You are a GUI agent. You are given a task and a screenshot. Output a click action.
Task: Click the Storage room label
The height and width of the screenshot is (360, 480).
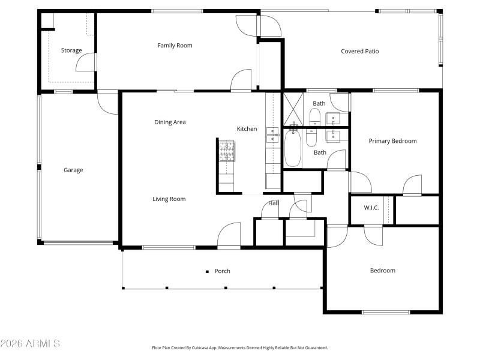(71, 50)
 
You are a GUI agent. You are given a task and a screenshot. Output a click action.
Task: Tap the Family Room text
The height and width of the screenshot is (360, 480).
(175, 46)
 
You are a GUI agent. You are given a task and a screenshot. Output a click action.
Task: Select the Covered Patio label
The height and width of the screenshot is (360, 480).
(360, 52)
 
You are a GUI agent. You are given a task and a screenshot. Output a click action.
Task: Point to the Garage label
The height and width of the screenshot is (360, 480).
(73, 170)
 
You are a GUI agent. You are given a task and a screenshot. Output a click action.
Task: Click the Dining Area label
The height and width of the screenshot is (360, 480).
(170, 122)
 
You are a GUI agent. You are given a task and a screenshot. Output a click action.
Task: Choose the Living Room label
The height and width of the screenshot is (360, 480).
(169, 199)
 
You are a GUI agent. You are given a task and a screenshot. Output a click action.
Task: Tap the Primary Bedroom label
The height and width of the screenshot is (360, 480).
(392, 141)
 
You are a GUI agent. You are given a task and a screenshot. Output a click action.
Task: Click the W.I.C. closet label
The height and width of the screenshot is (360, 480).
(371, 208)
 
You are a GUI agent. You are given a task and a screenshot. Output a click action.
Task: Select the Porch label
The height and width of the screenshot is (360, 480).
(223, 271)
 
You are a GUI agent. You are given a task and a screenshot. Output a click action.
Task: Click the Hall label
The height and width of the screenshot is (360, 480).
(274, 203)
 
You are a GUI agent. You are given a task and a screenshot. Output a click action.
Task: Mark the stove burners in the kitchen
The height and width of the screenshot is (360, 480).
(227, 152)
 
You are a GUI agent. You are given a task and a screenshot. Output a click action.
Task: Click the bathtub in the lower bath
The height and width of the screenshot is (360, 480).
(293, 148)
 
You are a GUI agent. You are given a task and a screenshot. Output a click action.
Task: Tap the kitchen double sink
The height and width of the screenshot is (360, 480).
(272, 137)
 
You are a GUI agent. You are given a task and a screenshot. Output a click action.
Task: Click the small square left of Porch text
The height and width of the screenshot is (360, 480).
(207, 271)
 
